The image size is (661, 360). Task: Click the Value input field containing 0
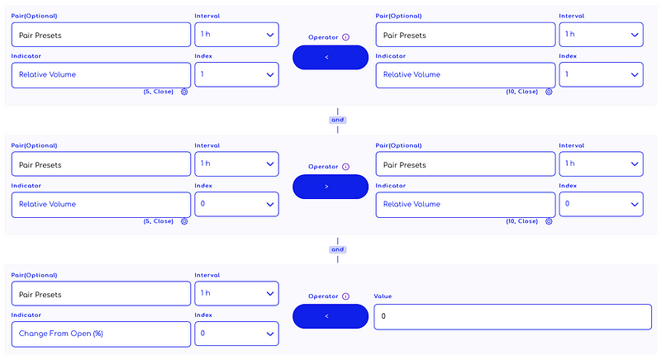pyautogui.click(x=512, y=316)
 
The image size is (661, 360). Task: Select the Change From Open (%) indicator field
pyautogui.click(x=101, y=334)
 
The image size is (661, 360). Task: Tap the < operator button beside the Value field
pyautogui.click(x=330, y=316)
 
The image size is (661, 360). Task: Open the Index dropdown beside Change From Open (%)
pyautogui.click(x=236, y=334)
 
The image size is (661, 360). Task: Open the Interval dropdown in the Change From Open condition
pyautogui.click(x=236, y=293)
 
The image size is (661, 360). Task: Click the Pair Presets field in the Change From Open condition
pyautogui.click(x=101, y=294)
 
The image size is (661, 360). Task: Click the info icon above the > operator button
pyautogui.click(x=345, y=167)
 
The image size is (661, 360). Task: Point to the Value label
pyautogui.click(x=383, y=296)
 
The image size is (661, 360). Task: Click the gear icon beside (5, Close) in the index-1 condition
pyautogui.click(x=184, y=92)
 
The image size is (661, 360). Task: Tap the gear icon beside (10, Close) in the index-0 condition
pyautogui.click(x=549, y=221)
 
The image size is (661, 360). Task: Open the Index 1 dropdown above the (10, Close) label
pyautogui.click(x=602, y=74)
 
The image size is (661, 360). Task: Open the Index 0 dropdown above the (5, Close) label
pyautogui.click(x=236, y=204)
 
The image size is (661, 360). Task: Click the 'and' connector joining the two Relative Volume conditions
pyautogui.click(x=338, y=120)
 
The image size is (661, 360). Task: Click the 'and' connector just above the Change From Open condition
pyautogui.click(x=338, y=249)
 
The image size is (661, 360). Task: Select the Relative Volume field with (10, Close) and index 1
pyautogui.click(x=465, y=75)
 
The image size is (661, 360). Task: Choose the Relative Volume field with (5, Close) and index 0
pyautogui.click(x=101, y=205)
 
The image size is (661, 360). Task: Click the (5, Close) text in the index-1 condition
pyautogui.click(x=159, y=92)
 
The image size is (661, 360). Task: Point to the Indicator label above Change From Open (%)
pyautogui.click(x=26, y=315)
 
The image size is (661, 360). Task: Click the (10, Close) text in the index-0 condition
pyautogui.click(x=522, y=221)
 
